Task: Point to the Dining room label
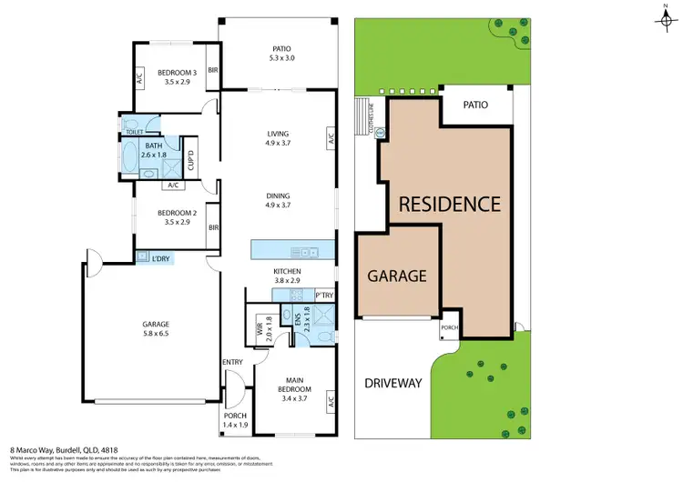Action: click(x=278, y=199)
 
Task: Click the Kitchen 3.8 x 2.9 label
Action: click(x=288, y=276)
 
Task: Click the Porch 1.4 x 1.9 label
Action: click(x=235, y=420)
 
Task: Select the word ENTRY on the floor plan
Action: click(x=233, y=363)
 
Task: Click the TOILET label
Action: click(x=134, y=133)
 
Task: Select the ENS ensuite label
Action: click(x=299, y=320)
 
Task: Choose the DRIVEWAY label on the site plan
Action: click(x=392, y=383)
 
